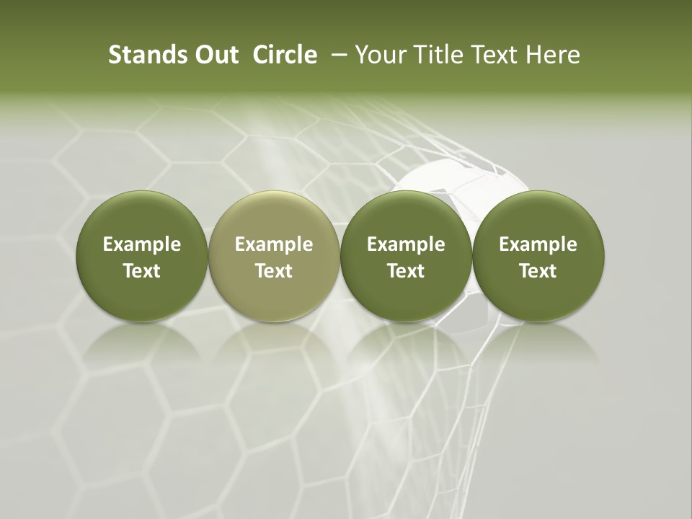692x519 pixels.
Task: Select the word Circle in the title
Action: point(285,55)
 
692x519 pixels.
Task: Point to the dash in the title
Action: point(337,55)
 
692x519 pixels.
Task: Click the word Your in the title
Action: point(378,55)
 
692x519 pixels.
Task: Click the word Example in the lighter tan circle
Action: point(274,245)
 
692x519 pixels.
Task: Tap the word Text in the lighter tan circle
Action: point(274,271)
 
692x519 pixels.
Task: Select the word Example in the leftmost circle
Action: point(142,245)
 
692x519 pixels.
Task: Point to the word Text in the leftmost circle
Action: point(142,271)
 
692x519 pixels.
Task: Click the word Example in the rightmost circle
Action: point(538,245)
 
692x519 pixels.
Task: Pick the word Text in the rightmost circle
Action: point(538,271)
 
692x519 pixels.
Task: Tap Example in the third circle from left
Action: point(406,245)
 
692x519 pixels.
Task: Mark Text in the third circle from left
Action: point(406,271)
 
